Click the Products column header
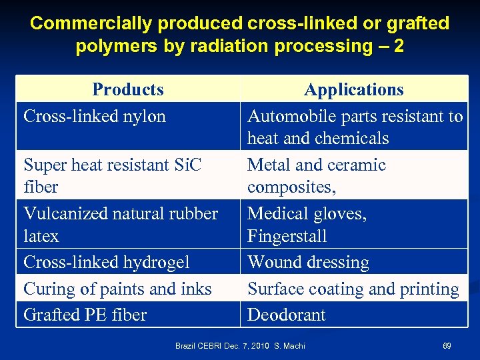(x=127, y=89)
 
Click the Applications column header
(x=353, y=89)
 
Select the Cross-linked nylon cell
(x=95, y=116)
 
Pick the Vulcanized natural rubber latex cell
(x=121, y=225)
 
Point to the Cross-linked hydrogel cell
(x=107, y=263)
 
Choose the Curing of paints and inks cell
(x=117, y=289)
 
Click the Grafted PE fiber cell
(x=85, y=315)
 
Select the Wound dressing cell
(x=308, y=263)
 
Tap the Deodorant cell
(x=287, y=315)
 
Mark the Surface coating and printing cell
(x=353, y=289)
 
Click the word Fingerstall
(x=287, y=237)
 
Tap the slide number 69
(x=447, y=346)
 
